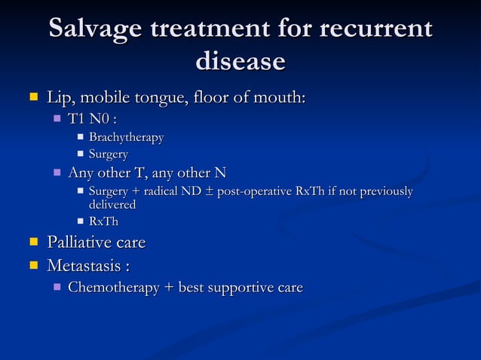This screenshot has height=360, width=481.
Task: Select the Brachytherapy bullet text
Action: (126, 137)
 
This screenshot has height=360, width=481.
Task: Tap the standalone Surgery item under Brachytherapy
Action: (109, 154)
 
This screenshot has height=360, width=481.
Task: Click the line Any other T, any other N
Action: (147, 173)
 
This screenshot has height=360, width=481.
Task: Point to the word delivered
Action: (112, 204)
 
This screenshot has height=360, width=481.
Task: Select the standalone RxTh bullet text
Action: (103, 221)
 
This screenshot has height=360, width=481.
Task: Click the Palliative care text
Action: (96, 243)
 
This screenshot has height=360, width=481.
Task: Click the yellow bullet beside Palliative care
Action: (32, 243)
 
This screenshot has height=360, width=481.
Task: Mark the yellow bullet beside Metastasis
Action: (32, 265)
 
